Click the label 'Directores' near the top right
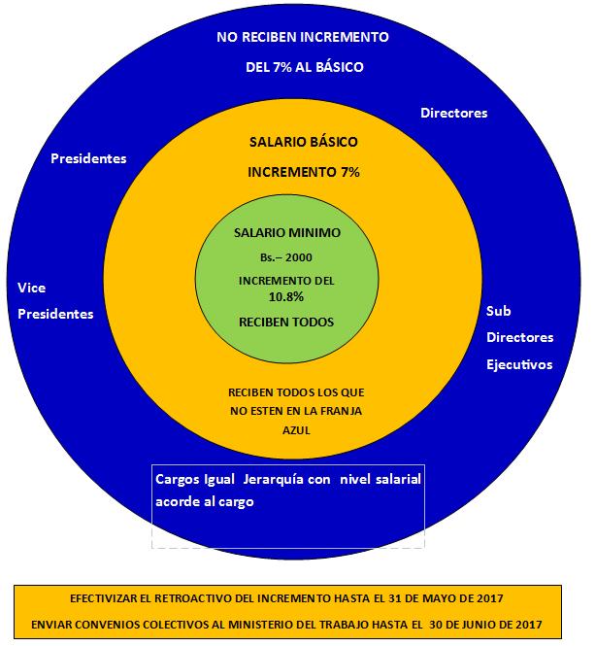coord(453,114)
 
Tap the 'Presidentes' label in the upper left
coord(88,158)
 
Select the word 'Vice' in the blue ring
coord(32,288)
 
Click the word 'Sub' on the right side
coord(498,311)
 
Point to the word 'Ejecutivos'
coord(519,364)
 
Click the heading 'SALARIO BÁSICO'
coord(304,142)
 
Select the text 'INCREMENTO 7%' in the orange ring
coord(304,173)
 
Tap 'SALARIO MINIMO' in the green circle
coord(287,233)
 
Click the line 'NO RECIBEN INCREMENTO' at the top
coord(303,38)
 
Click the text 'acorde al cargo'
coord(204,502)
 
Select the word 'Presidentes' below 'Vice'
coord(56,314)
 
